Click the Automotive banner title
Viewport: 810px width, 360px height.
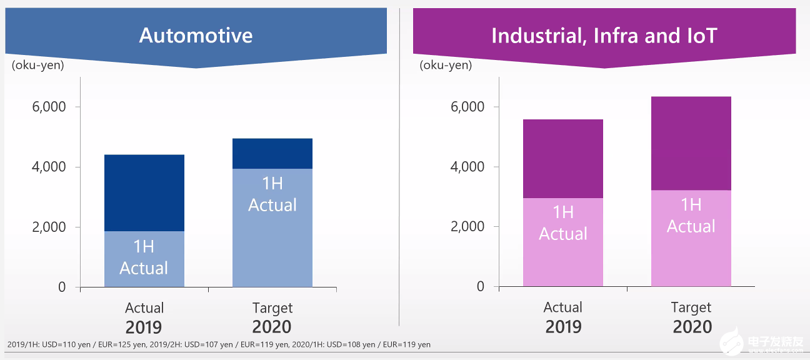(x=196, y=35)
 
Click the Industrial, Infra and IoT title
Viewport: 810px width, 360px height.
(x=604, y=35)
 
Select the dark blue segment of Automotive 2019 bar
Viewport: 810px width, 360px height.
(x=144, y=192)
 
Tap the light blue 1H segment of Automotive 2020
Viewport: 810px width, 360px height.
(x=272, y=227)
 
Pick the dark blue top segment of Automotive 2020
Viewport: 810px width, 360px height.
(x=272, y=153)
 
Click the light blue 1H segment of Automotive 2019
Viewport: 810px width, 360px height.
(x=144, y=259)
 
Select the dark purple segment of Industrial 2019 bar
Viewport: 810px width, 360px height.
(x=562, y=159)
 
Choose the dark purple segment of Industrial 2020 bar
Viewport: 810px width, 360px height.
(x=691, y=143)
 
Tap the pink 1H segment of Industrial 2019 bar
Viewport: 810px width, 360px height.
(x=562, y=242)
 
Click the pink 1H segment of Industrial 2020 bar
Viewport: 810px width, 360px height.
(x=691, y=238)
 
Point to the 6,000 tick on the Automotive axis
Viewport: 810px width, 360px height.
(x=49, y=107)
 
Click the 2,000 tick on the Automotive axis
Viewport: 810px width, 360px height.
(x=49, y=227)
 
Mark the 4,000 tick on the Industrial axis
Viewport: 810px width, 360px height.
(x=467, y=167)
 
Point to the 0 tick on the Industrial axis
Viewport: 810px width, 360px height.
(x=480, y=286)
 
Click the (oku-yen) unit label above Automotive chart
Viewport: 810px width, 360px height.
(x=37, y=64)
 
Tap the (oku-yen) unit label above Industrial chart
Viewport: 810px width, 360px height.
(x=446, y=64)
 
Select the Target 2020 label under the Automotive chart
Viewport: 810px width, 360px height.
(x=272, y=317)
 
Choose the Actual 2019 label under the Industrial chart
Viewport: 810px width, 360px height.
(x=562, y=317)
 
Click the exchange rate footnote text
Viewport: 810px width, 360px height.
(x=219, y=344)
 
